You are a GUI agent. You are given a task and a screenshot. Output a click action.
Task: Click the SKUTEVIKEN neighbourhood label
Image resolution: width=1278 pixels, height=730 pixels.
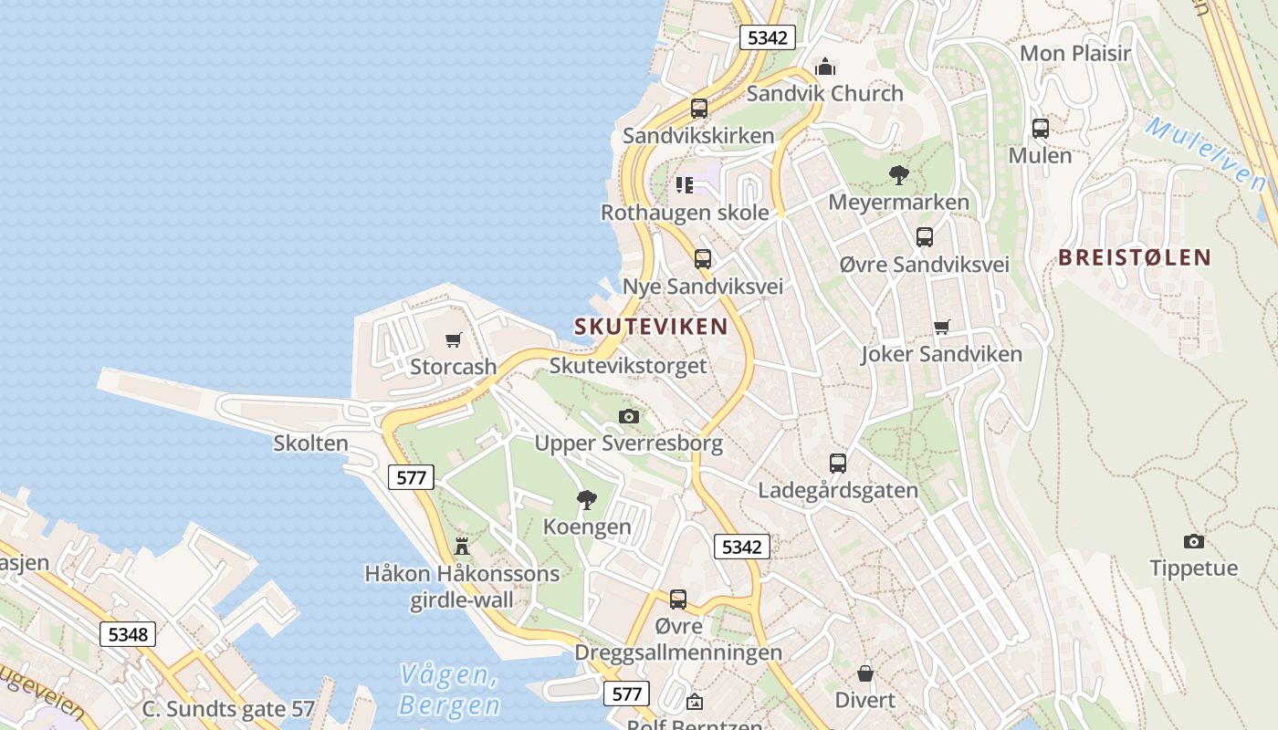(x=651, y=327)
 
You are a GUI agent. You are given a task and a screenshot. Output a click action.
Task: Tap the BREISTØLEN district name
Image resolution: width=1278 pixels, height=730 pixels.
(x=1135, y=258)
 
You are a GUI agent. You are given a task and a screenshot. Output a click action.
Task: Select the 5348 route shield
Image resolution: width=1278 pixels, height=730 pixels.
(x=128, y=634)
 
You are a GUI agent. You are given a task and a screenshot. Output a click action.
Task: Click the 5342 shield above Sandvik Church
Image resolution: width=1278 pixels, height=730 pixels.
(x=767, y=37)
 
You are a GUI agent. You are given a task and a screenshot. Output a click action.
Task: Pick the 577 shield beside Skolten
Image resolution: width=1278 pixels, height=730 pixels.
(x=411, y=476)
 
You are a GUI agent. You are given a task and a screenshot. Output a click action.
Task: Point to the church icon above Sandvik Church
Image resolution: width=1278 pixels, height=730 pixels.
(x=825, y=67)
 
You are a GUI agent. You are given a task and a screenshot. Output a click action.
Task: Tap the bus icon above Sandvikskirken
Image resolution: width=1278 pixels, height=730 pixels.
(x=699, y=109)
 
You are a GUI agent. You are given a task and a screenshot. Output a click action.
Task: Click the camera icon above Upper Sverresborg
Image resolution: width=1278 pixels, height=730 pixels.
(x=629, y=417)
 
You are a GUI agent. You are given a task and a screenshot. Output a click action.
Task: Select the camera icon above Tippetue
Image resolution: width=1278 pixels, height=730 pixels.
(x=1194, y=541)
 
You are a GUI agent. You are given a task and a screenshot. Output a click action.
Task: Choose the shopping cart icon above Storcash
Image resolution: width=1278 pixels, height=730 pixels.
(x=454, y=340)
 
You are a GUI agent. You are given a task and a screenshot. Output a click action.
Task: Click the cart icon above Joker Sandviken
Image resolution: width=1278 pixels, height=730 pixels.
(x=942, y=327)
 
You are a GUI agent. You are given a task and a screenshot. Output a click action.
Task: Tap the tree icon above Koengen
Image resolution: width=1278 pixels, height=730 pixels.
(x=587, y=499)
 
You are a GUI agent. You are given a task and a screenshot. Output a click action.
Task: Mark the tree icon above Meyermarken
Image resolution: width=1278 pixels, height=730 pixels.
(x=899, y=174)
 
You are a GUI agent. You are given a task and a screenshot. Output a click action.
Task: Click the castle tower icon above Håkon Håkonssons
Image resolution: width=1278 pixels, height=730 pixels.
(x=462, y=547)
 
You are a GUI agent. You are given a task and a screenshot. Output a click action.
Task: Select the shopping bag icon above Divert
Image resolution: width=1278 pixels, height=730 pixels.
(x=865, y=673)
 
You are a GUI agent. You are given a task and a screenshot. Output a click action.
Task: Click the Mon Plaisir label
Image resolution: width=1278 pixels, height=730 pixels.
(x=1075, y=54)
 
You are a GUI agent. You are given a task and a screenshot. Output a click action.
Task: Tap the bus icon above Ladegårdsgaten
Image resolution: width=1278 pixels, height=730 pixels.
(x=838, y=464)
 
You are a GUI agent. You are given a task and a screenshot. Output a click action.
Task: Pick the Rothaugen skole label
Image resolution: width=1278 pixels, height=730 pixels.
(x=685, y=213)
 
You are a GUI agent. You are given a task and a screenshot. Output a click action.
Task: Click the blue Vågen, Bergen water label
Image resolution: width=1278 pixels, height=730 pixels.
(x=450, y=691)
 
